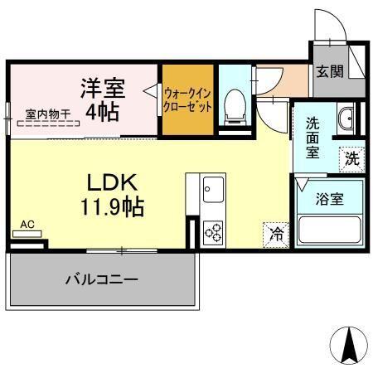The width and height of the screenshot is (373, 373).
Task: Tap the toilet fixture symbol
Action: [x=234, y=103]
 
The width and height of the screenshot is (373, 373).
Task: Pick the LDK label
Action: [x=113, y=182]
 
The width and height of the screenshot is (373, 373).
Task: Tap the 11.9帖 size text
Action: [x=113, y=206]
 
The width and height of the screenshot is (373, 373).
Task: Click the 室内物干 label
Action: [x=46, y=114]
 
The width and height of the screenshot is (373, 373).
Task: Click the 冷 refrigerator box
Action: [x=274, y=234]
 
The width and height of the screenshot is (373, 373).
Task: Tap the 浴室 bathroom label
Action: [x=328, y=199]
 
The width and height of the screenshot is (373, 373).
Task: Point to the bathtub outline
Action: [x=327, y=228]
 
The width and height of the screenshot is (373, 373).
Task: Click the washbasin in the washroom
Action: [x=347, y=119]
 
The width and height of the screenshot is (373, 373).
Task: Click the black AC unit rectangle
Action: [x=27, y=235]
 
